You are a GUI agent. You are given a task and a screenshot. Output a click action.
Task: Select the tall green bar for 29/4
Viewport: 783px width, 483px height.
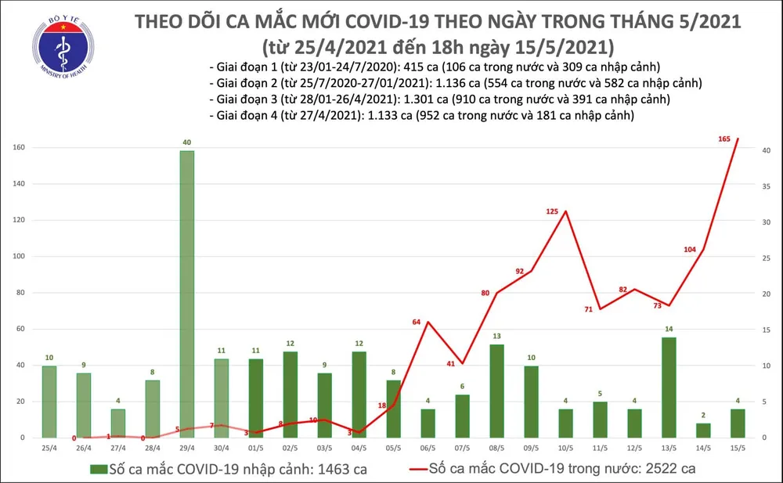(x=187, y=294)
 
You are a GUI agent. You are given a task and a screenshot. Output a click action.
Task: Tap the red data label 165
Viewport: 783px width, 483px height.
(x=725, y=139)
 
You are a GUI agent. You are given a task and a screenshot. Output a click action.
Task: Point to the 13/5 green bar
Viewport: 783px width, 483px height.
(x=669, y=387)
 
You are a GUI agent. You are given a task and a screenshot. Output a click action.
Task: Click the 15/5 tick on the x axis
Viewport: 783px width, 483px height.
(x=738, y=449)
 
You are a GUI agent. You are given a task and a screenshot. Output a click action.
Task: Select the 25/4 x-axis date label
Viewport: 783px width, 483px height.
(x=49, y=449)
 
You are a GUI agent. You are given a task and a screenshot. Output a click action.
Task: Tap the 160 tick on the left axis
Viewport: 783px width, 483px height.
(x=17, y=148)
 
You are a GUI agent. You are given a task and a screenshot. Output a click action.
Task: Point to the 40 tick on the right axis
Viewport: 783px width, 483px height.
(x=767, y=150)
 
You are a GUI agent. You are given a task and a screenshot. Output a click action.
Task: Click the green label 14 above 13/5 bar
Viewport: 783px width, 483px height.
(x=669, y=330)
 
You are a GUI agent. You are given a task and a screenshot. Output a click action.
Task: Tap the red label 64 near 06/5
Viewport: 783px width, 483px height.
(x=417, y=323)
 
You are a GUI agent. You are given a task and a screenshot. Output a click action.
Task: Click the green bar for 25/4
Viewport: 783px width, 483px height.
(x=49, y=402)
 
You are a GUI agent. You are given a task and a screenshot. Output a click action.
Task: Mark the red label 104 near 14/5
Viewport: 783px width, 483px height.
(x=690, y=250)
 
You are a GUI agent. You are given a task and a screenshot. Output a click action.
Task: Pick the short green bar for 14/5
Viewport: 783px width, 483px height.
(x=703, y=430)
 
